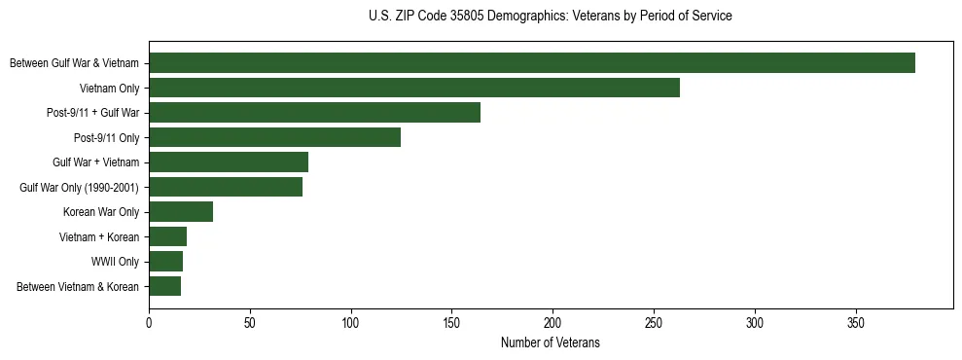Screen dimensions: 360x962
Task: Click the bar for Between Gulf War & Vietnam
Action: click(x=532, y=63)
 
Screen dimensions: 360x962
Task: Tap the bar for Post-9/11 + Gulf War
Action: click(x=314, y=113)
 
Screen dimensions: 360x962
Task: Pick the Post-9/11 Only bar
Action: click(x=274, y=137)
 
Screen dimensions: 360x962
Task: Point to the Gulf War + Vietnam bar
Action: click(x=229, y=162)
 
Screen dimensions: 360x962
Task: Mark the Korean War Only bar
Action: click(x=181, y=212)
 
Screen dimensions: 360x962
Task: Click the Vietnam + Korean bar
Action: click(x=167, y=236)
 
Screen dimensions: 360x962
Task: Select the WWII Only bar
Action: click(x=165, y=262)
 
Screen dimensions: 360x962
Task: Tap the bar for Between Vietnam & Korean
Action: click(x=164, y=286)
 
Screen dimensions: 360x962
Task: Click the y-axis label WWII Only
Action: click(x=116, y=262)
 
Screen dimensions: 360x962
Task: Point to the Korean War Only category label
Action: click(x=101, y=212)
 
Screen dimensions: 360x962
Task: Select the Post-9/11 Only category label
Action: click(x=107, y=137)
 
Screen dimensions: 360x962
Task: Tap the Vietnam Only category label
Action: click(x=109, y=88)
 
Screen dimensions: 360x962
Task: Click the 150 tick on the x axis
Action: click(x=451, y=321)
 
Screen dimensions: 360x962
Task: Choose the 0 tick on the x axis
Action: click(x=149, y=321)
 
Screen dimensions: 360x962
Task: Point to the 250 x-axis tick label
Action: click(x=654, y=321)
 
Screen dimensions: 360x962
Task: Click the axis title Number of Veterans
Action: click(x=550, y=342)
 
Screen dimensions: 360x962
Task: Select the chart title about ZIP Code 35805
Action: click(x=550, y=17)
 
